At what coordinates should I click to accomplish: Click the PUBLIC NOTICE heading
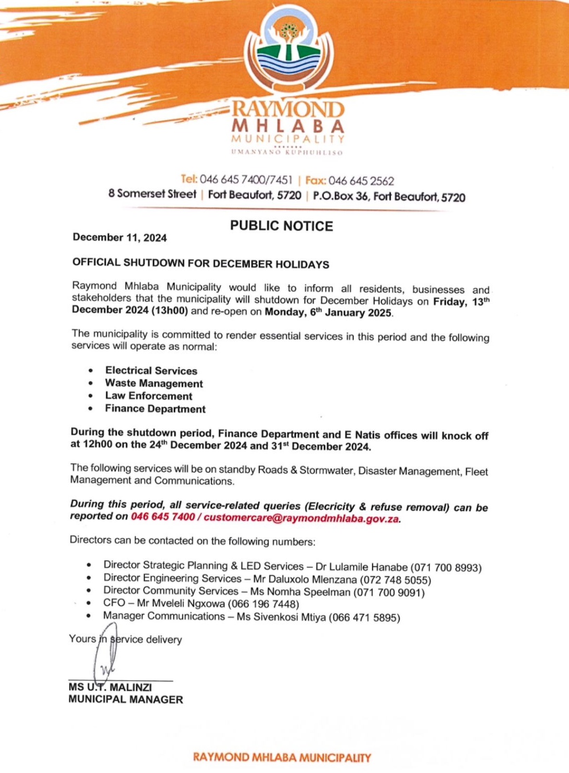click(x=282, y=226)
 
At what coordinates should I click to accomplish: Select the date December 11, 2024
click(x=120, y=238)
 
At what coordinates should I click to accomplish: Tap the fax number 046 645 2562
click(x=361, y=181)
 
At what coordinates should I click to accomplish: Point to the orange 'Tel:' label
click(x=189, y=180)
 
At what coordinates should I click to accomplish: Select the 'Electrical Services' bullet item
click(x=151, y=371)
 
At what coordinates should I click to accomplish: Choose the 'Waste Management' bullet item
click(x=154, y=384)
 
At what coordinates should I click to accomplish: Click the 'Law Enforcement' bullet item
click(x=148, y=396)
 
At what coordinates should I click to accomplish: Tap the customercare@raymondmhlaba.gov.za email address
click(x=301, y=518)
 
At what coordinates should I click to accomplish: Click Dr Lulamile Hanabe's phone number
click(x=446, y=567)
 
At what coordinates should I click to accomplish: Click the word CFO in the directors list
click(x=114, y=603)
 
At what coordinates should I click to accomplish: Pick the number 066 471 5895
click(x=365, y=618)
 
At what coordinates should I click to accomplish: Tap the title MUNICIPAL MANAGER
click(x=125, y=700)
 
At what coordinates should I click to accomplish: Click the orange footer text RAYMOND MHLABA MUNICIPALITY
click(x=282, y=757)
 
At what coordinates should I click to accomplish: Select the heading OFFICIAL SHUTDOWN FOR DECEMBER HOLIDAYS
click(x=200, y=263)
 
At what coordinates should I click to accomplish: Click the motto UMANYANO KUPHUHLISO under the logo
click(x=287, y=153)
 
